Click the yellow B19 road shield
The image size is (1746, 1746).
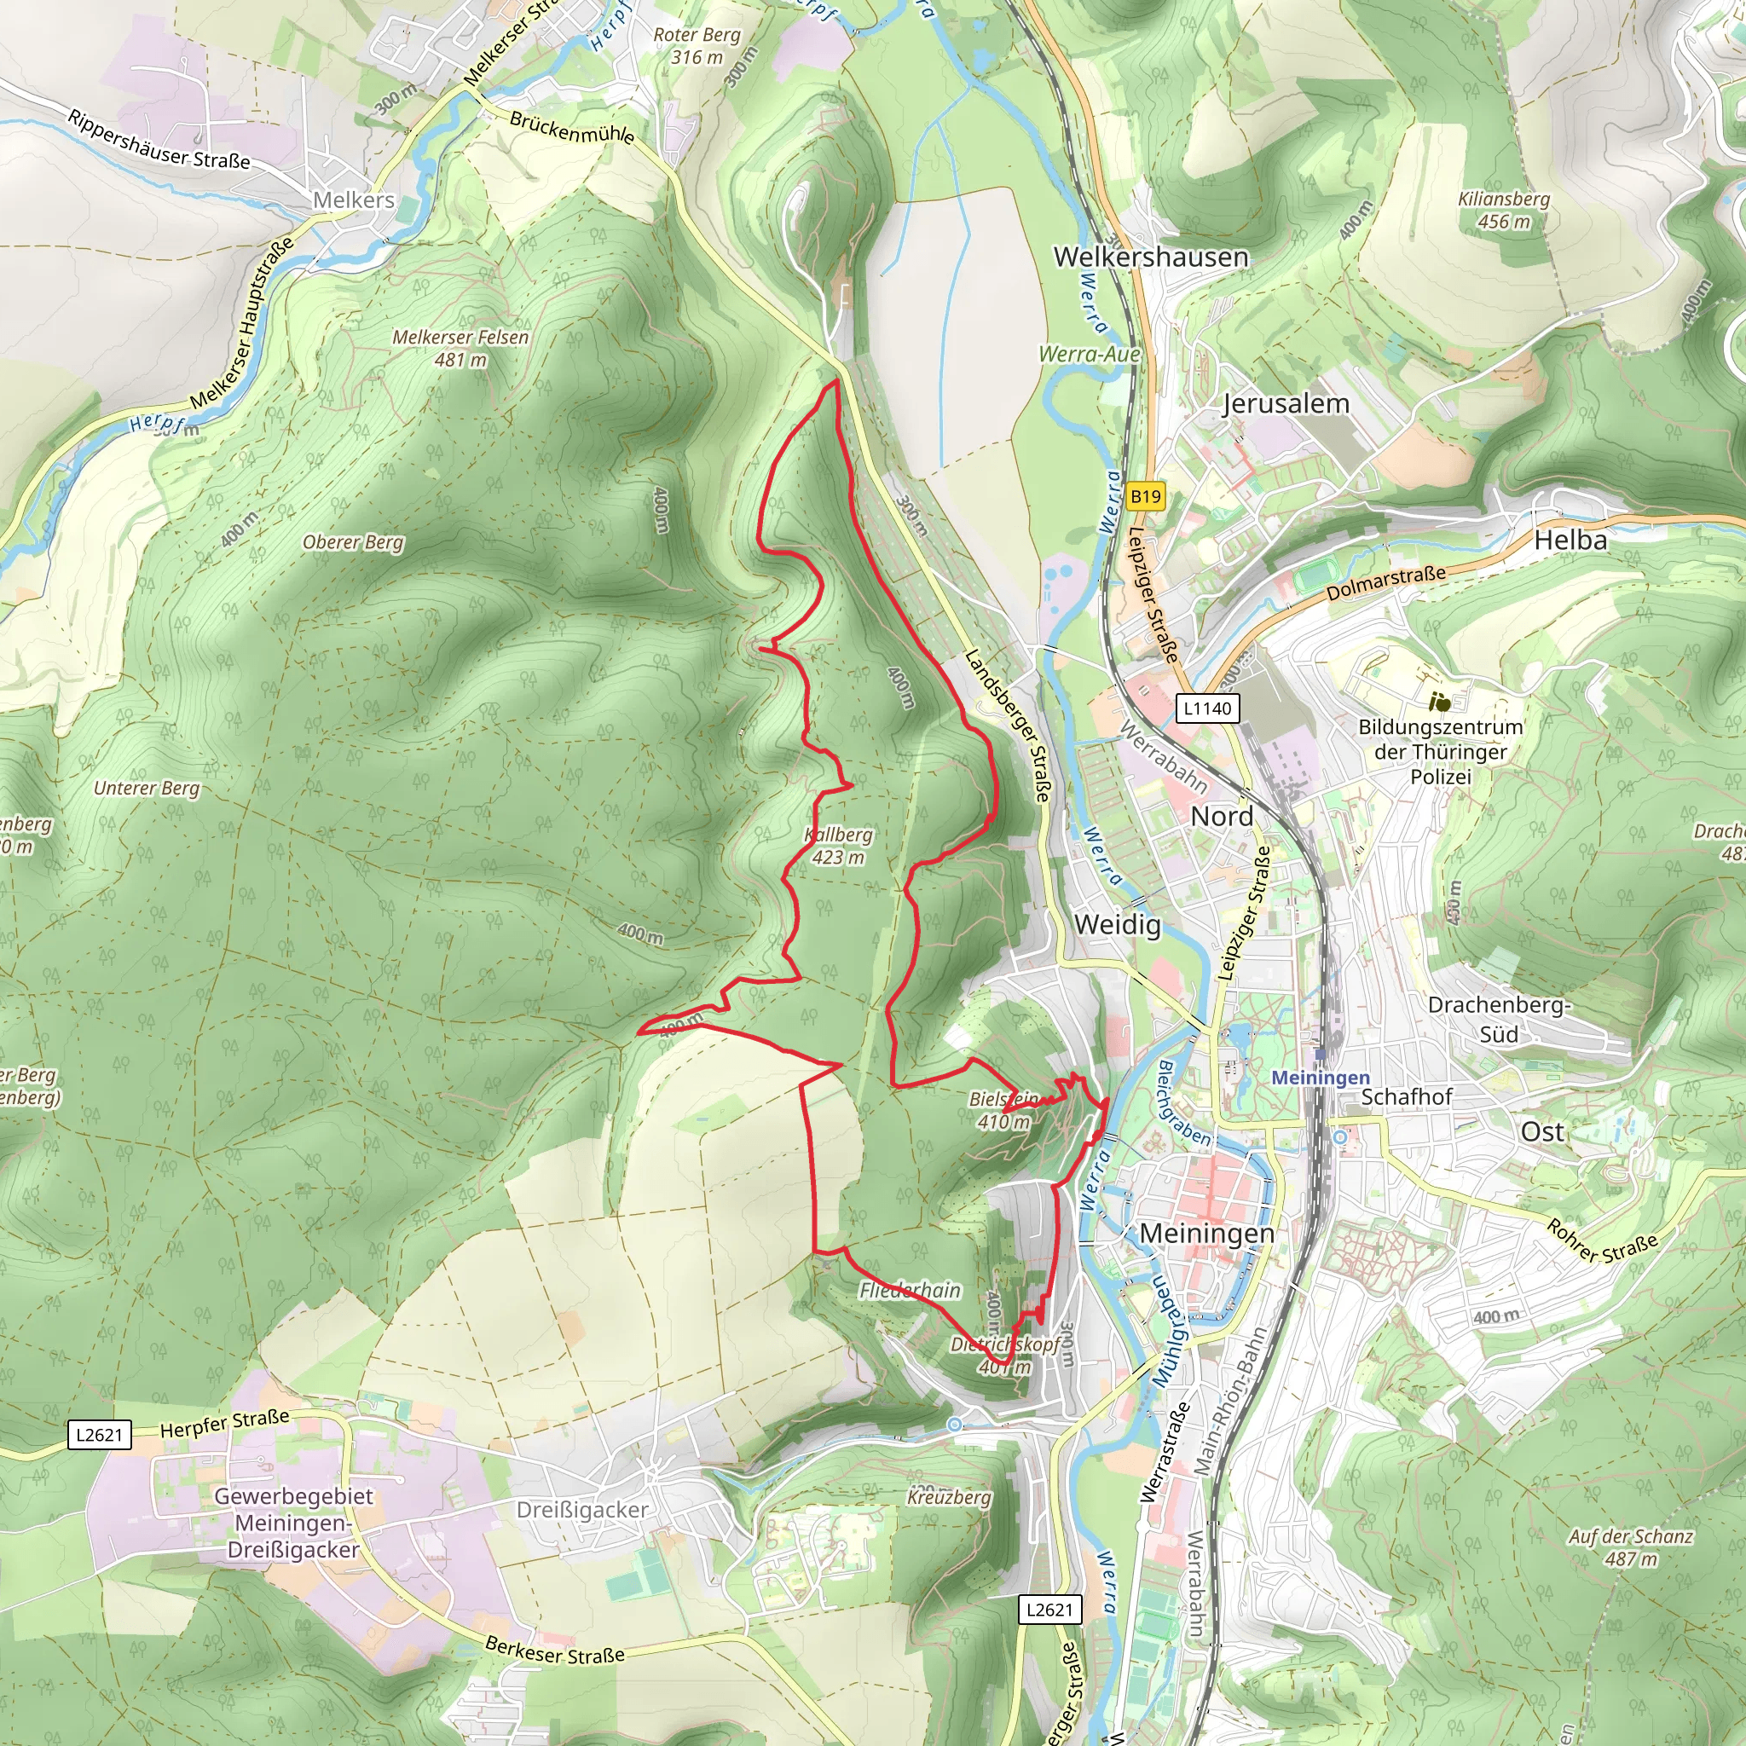pos(1145,496)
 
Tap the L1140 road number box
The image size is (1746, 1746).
pos(1207,708)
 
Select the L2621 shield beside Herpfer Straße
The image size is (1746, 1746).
pos(100,1434)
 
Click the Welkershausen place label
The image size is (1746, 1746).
pos(1150,257)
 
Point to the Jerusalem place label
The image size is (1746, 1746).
pos(1285,404)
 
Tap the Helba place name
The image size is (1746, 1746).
pos(1570,541)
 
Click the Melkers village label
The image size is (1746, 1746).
pos(353,200)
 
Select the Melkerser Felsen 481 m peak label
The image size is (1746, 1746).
pos(460,348)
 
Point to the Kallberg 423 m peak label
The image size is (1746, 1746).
pos(839,846)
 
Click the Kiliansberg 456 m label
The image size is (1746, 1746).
pos(1504,210)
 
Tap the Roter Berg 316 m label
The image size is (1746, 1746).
pos(697,46)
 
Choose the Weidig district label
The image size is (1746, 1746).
pos(1117,924)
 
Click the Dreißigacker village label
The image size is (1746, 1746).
pos(582,1510)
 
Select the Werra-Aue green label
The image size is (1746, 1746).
pos(1089,355)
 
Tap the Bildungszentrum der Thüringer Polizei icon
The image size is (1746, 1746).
pos(1441,702)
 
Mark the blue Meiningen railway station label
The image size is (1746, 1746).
pos(1321,1078)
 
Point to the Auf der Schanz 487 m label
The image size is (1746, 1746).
pos(1630,1547)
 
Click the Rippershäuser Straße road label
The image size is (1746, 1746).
pos(159,141)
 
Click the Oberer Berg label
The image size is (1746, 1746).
pos(352,542)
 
